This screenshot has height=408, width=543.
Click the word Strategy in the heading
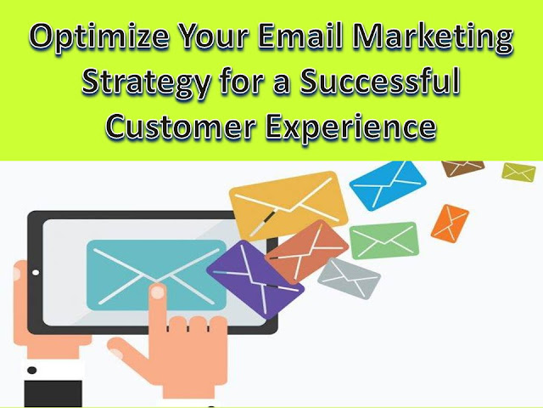pyautogui.click(x=146, y=83)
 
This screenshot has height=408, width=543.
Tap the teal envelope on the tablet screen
pyautogui.click(x=156, y=275)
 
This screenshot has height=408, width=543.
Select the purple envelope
pyautogui.click(x=255, y=279)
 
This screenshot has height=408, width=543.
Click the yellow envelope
pyautogui.click(x=288, y=206)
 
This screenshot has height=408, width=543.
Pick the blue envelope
pyautogui.click(x=388, y=184)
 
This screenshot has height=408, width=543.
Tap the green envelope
pyautogui.click(x=384, y=241)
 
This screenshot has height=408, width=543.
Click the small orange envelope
pyautogui.click(x=450, y=224)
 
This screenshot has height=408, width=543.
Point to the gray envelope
pyautogui.click(x=349, y=278)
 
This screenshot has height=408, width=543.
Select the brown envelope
pyautogui.click(x=463, y=167)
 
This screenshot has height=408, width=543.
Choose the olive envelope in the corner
pyautogui.click(x=518, y=172)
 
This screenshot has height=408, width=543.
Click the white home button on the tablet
pyautogui.click(x=36, y=273)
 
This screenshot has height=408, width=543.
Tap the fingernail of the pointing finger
pyautogui.click(x=158, y=292)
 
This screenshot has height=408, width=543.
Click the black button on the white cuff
pyautogui.click(x=32, y=371)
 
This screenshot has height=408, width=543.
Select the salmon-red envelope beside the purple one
pyautogui.click(x=307, y=252)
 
